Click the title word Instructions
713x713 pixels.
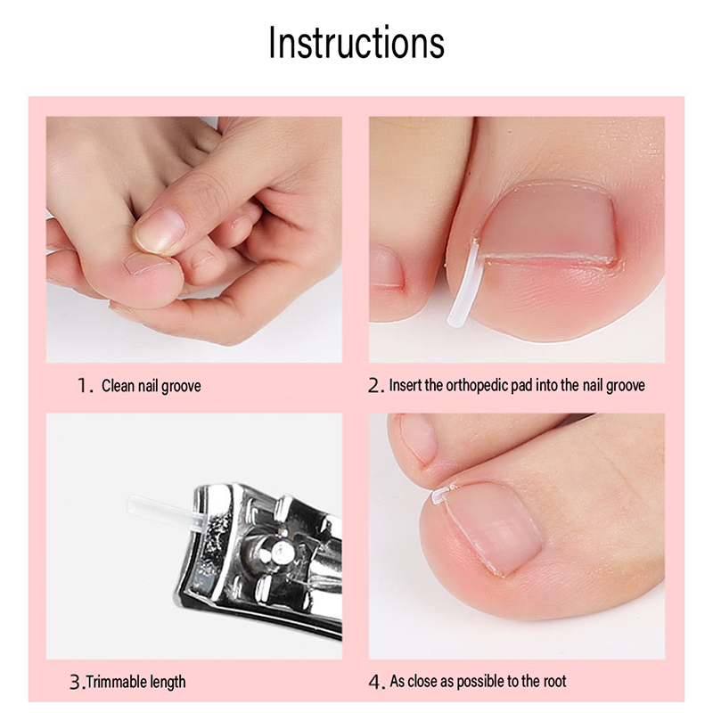click(356, 42)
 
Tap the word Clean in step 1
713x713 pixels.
click(119, 386)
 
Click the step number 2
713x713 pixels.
click(374, 386)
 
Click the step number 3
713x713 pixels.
click(76, 682)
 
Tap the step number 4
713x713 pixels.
click(375, 682)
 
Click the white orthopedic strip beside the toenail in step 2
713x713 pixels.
click(463, 284)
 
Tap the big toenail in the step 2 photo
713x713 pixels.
click(548, 225)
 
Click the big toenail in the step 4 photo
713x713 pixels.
click(494, 527)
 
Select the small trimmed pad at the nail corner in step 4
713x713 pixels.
click(441, 494)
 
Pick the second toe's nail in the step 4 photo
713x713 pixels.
click(418, 438)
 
